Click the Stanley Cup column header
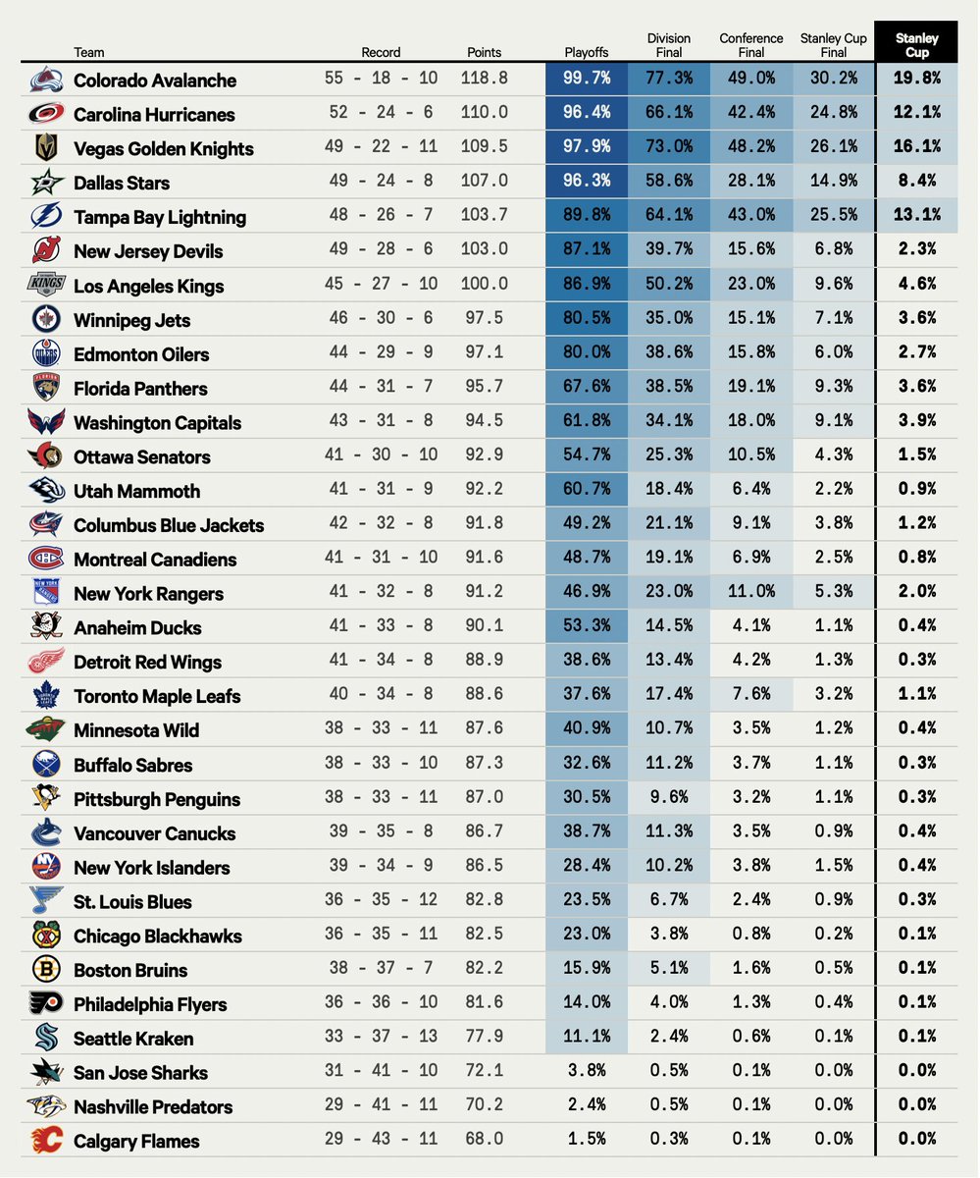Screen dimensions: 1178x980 point(916,45)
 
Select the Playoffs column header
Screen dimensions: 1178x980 point(587,52)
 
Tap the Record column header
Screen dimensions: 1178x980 point(381,52)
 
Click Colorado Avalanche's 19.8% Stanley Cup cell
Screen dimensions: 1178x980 point(916,80)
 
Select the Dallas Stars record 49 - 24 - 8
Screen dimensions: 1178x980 point(381,183)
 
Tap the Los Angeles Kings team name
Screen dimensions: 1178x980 point(148,286)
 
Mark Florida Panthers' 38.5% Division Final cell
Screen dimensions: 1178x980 point(669,388)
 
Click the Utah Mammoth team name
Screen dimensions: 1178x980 point(136,491)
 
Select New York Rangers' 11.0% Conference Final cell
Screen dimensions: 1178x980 point(750,593)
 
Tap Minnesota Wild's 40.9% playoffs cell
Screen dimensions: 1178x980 point(587,729)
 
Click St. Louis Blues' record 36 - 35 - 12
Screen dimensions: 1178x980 point(381,901)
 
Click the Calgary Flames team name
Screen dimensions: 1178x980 point(136,1141)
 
